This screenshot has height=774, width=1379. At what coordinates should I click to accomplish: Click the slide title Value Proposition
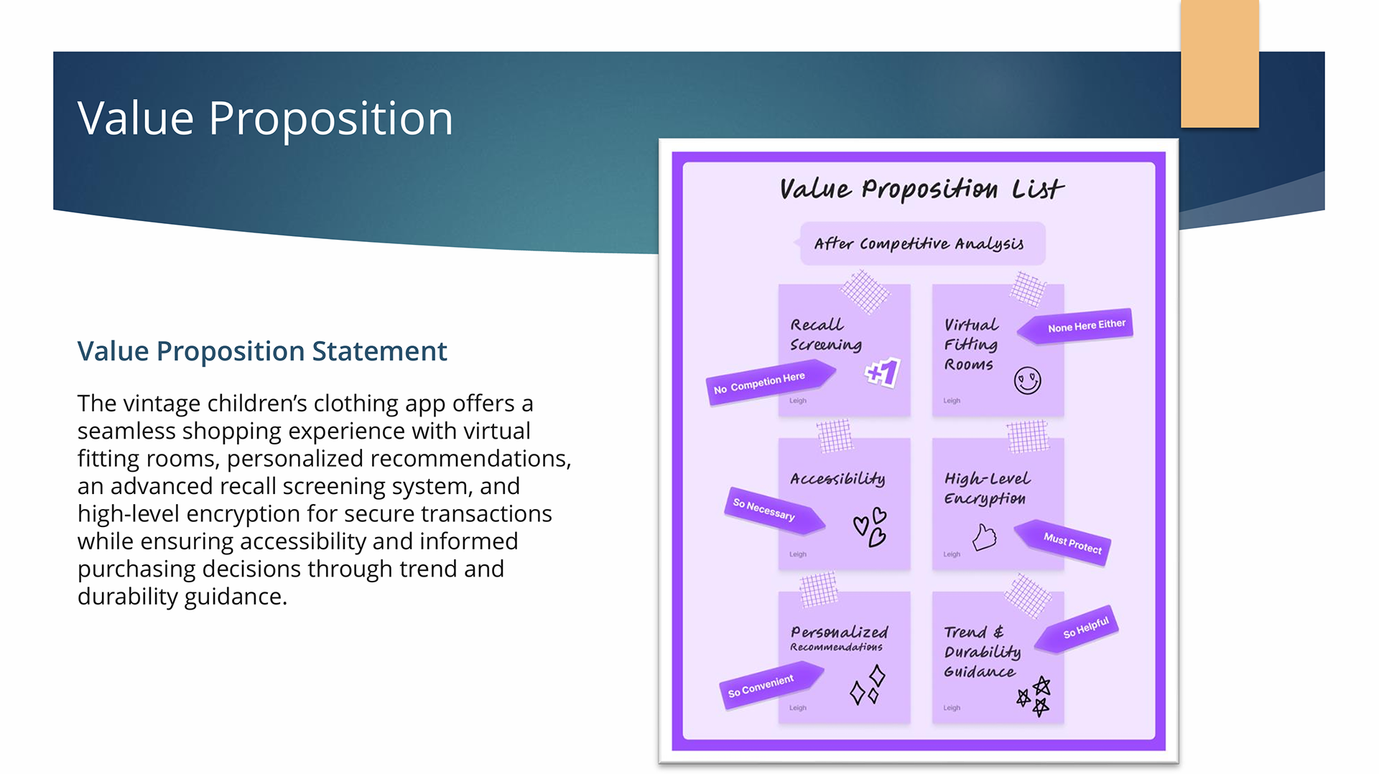pyautogui.click(x=265, y=118)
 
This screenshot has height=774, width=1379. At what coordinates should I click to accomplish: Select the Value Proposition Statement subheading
pyautogui.click(x=262, y=351)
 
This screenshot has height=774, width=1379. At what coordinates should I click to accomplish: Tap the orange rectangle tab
pyautogui.click(x=1220, y=65)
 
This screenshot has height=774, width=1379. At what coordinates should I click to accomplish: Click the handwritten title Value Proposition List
pyautogui.click(x=921, y=189)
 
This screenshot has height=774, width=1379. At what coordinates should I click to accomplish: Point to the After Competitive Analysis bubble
pyautogui.click(x=919, y=244)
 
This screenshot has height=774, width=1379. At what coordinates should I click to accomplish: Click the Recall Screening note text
pyautogui.click(x=825, y=335)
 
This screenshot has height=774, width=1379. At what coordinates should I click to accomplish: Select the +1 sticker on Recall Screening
pyautogui.click(x=883, y=372)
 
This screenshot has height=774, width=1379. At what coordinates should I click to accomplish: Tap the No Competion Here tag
pyautogui.click(x=765, y=382)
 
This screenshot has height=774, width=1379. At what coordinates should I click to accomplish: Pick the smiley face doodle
pyautogui.click(x=1027, y=380)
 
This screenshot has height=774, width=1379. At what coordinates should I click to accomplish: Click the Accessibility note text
pyautogui.click(x=837, y=479)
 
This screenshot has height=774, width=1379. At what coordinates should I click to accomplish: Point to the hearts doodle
pyautogui.click(x=870, y=528)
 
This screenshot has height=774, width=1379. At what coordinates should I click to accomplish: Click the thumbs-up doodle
pyautogui.click(x=984, y=537)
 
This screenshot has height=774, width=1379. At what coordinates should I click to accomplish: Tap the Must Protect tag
pyautogui.click(x=1067, y=542)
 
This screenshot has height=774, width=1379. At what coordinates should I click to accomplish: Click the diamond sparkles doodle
pyautogui.click(x=868, y=685)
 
